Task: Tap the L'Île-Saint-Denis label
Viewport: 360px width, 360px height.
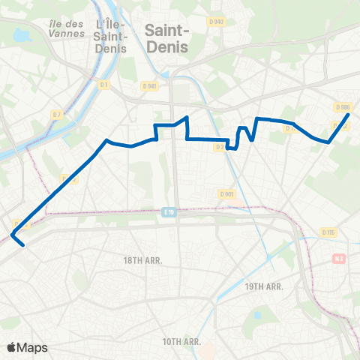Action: tap(109, 36)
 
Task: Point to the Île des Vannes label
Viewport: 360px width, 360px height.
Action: tap(65, 28)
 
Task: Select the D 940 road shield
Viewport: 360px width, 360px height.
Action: tap(217, 22)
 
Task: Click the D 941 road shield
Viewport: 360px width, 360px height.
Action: tap(151, 85)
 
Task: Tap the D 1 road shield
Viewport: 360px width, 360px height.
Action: tap(104, 85)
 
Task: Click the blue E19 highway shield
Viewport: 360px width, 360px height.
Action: tap(170, 212)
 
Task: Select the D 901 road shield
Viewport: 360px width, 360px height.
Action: tap(226, 193)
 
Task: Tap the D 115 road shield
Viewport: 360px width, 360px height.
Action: tap(328, 232)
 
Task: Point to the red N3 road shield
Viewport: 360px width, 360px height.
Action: tap(339, 259)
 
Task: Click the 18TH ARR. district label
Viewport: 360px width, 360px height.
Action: tap(142, 259)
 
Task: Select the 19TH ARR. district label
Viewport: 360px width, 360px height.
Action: tap(263, 286)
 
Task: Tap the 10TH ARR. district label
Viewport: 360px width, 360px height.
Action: tap(182, 341)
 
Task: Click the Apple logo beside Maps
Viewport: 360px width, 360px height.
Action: tap(12, 347)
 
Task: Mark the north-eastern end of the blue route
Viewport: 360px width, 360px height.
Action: tap(349, 115)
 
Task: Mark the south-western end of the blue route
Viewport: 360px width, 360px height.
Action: tap(24, 244)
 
